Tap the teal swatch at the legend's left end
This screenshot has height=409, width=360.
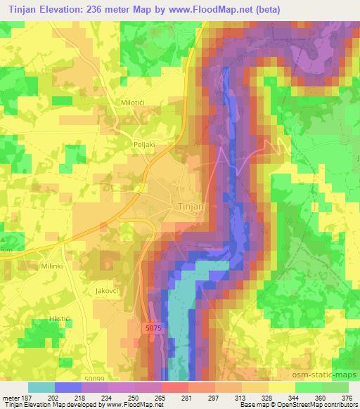pos(41,387)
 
